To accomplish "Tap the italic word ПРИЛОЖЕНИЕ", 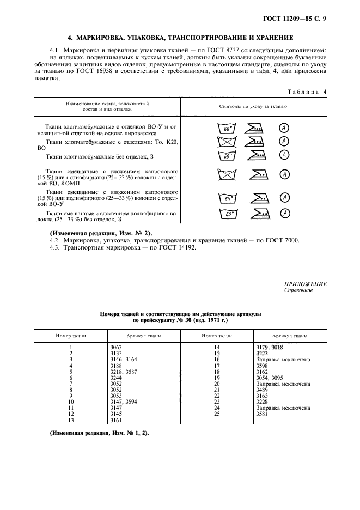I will tap(305, 284).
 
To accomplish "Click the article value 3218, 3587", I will tap(124, 371).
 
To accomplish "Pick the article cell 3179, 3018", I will tap(270, 347).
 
